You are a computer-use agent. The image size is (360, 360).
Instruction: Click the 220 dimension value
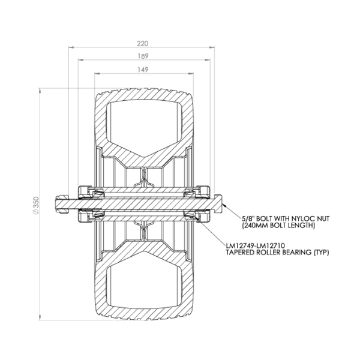(143, 43)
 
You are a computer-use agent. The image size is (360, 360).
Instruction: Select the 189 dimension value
(143, 56)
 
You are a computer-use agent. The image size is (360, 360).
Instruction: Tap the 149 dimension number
(143, 70)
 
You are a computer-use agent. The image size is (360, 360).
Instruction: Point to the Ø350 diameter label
(36, 205)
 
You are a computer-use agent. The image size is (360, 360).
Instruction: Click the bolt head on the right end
(218, 203)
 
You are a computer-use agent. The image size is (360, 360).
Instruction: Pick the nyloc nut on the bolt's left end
(62, 203)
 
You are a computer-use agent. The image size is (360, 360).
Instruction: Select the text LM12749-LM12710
(256, 246)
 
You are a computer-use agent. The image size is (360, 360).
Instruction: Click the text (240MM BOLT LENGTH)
(278, 225)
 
